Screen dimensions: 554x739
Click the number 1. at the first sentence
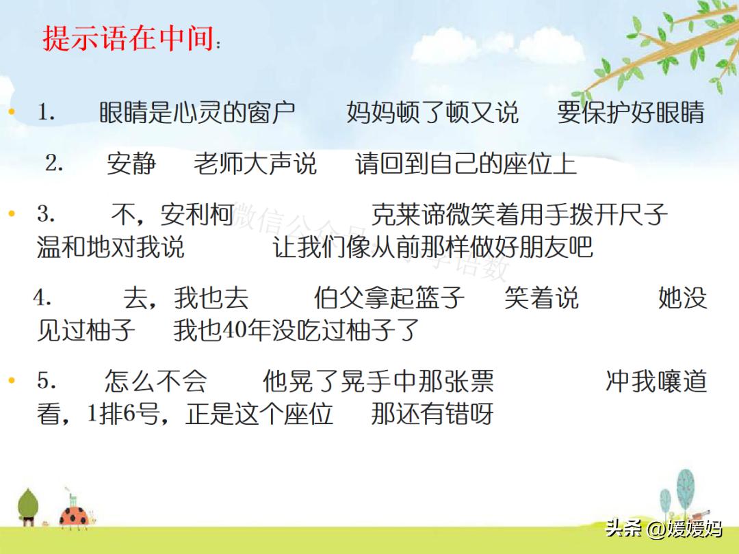[x=47, y=113]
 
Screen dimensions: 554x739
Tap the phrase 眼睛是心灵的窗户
[x=197, y=113]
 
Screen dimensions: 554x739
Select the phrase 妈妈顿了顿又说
[x=432, y=113]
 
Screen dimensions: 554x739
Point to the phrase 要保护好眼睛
[x=630, y=113]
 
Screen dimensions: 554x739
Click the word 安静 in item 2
[x=131, y=164]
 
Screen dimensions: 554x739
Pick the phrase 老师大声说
[x=255, y=164]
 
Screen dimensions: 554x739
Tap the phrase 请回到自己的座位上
[x=466, y=164]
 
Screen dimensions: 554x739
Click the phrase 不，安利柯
[x=173, y=215]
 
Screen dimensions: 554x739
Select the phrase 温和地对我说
[x=110, y=247]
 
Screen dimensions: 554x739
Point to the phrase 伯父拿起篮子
[x=389, y=298]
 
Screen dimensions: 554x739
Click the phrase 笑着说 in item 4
[x=541, y=298]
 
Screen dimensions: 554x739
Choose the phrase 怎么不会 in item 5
[x=155, y=382]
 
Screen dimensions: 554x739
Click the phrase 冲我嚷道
[x=656, y=382]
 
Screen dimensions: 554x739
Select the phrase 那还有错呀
[x=432, y=414]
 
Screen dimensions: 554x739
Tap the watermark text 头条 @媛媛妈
[x=663, y=528]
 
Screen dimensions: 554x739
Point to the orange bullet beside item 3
[x=11, y=214]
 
